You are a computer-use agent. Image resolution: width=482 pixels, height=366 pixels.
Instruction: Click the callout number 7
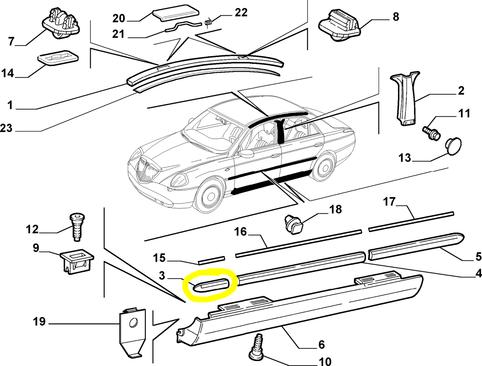[11, 41]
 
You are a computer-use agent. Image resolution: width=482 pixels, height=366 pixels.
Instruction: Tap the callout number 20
[118, 18]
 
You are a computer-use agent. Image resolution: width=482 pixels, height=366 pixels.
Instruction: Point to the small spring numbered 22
[208, 23]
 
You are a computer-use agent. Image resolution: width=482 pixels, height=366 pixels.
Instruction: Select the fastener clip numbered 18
[294, 224]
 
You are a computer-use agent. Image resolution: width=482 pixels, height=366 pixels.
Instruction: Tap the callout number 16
[240, 231]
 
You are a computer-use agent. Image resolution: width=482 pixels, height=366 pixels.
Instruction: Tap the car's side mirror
[246, 153]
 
